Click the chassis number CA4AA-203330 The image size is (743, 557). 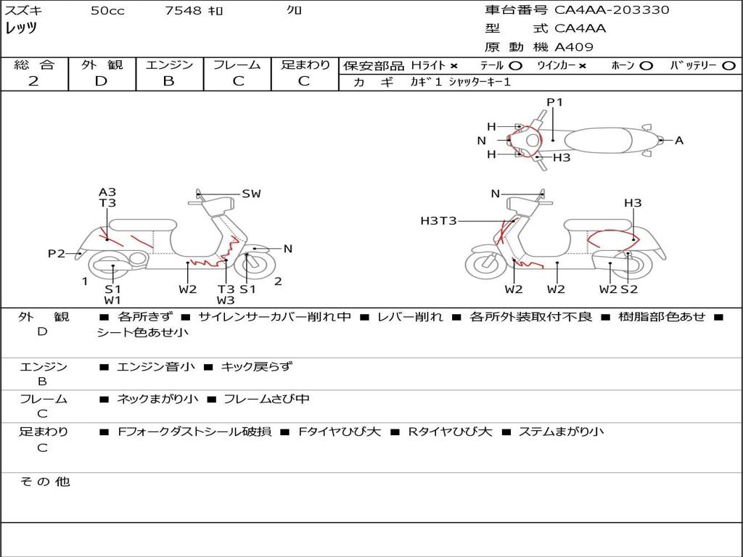pos(612,10)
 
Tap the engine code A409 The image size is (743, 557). pos(574,47)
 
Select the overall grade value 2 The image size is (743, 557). pos(33,81)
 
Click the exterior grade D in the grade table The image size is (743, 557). pos(101,81)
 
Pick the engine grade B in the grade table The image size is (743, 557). pos(168,81)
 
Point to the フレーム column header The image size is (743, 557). pos(237,65)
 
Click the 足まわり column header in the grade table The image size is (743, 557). pos(305,65)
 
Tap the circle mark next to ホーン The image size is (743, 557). pos(646,66)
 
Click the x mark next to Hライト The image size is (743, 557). pos(454,66)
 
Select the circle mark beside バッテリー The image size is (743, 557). pos(729,66)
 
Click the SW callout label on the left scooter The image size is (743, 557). pos(251,194)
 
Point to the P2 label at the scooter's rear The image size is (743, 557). pos(57,254)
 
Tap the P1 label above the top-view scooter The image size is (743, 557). pos(554,102)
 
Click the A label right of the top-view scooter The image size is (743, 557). pos(679,141)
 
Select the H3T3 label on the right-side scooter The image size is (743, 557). pos(438,220)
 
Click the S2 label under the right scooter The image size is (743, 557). pos(629,289)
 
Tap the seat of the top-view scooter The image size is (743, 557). pos(598,140)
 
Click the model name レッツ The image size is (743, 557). pos(21,28)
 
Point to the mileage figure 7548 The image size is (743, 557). pos(183,10)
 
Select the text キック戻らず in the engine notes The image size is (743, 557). pos(256,366)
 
